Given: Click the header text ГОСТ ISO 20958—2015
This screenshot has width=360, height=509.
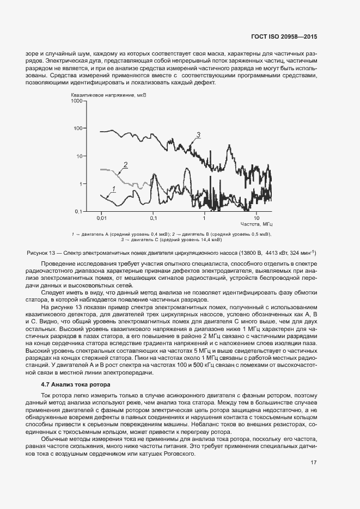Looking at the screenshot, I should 292,37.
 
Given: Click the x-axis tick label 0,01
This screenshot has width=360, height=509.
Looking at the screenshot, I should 101,218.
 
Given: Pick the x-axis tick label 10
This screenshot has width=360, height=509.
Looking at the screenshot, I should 257,218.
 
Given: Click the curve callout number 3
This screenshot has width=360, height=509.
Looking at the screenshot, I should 199,134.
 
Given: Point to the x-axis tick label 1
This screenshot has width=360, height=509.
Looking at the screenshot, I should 204,218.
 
